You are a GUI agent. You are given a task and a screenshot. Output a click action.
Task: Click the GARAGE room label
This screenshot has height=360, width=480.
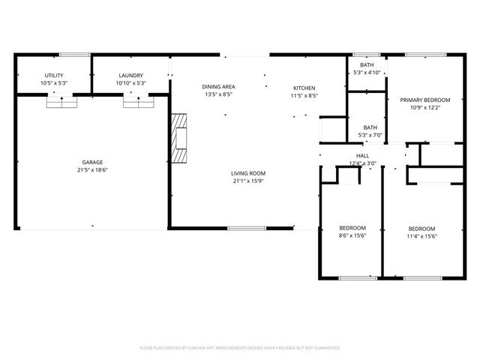click(x=92, y=162)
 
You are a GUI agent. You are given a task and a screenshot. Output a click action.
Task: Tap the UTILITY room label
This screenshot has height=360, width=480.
click(x=54, y=76)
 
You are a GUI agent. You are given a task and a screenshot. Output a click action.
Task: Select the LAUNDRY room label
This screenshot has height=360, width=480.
click(x=130, y=76)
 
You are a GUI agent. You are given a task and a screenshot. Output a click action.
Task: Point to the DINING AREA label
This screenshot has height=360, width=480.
click(x=217, y=87)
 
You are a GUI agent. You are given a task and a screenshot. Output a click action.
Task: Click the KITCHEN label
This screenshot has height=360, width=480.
click(x=304, y=88)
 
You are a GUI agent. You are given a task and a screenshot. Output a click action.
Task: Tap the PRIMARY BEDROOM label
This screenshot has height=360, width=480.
click(x=424, y=100)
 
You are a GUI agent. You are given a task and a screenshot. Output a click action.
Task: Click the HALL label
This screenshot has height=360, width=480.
click(x=362, y=155)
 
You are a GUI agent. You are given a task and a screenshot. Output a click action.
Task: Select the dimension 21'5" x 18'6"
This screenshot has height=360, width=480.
click(x=92, y=170)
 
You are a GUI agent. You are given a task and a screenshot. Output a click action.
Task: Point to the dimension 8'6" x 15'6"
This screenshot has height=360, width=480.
click(x=352, y=236)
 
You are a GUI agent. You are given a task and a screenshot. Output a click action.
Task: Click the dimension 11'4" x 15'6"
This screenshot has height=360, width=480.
click(x=421, y=236)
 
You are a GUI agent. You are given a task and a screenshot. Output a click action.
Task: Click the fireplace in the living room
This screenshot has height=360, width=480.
click(x=178, y=138)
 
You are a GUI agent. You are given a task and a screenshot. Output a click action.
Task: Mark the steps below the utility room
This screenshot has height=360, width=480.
click(x=61, y=102)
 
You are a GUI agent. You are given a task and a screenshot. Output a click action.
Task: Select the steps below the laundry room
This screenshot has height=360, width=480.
click(x=138, y=102)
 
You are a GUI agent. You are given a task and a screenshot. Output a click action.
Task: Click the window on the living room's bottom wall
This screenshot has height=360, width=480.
click(x=247, y=228)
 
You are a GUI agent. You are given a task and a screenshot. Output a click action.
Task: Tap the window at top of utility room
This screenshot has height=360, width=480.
click(x=75, y=54)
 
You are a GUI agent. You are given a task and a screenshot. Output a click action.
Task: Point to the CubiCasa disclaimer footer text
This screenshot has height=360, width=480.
click(x=240, y=348)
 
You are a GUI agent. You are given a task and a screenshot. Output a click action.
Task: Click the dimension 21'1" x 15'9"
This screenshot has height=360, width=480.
click(x=248, y=181)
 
